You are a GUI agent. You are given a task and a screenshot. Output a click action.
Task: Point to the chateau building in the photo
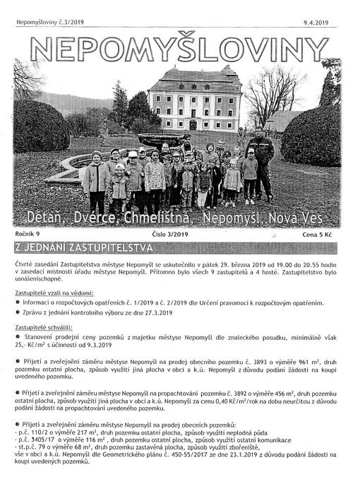pos(193,99)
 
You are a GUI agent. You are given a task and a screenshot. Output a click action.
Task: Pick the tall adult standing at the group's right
pos(263,166)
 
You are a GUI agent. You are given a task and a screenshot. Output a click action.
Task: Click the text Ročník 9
pos(30,232)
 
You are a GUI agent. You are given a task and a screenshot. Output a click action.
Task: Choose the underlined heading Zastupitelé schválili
pos(54,327)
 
